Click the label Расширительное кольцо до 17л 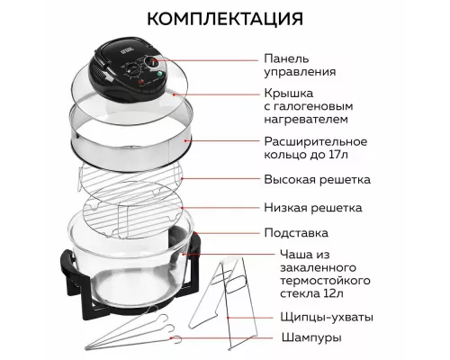[x=314, y=148]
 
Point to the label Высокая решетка [x=317, y=179]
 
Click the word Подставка [x=301, y=232]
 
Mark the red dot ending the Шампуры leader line [x=186, y=338]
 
